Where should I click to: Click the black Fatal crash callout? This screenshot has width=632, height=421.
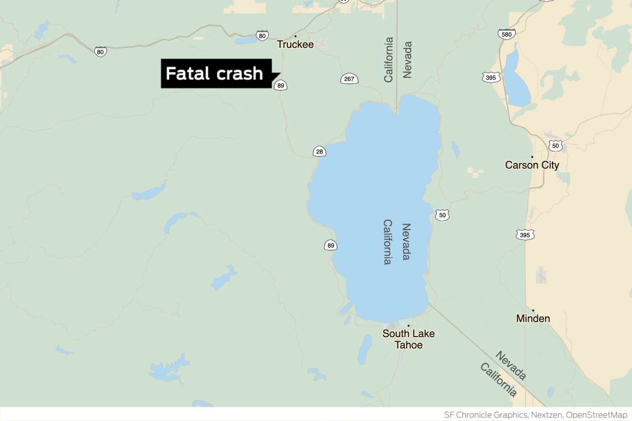[216, 73]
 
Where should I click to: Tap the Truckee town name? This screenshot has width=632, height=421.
[295, 44]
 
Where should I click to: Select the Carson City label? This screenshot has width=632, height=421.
[532, 165]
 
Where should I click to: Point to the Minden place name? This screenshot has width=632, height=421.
[533, 318]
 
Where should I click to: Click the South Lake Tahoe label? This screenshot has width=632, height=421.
[408, 339]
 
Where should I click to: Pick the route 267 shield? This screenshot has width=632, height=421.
[349, 79]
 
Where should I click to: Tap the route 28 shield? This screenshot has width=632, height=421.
[319, 152]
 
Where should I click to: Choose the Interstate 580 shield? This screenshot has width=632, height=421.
[507, 34]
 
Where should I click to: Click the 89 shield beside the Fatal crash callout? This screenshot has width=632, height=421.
[280, 86]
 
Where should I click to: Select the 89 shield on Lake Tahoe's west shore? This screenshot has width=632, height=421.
[331, 245]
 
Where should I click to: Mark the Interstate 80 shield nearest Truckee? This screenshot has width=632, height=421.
[262, 36]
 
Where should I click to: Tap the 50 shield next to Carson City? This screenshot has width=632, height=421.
[555, 146]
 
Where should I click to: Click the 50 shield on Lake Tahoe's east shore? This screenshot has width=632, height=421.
[442, 215]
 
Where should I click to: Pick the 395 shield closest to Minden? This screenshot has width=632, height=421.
[525, 235]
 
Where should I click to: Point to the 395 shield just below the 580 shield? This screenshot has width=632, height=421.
[491, 78]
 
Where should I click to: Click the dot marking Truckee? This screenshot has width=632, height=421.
[295, 36]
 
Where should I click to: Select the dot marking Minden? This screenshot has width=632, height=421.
[533, 310]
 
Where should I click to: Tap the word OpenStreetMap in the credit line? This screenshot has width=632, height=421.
[596, 415]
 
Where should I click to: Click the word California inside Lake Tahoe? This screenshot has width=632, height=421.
[387, 242]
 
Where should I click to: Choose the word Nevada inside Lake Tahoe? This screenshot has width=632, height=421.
[407, 242]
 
